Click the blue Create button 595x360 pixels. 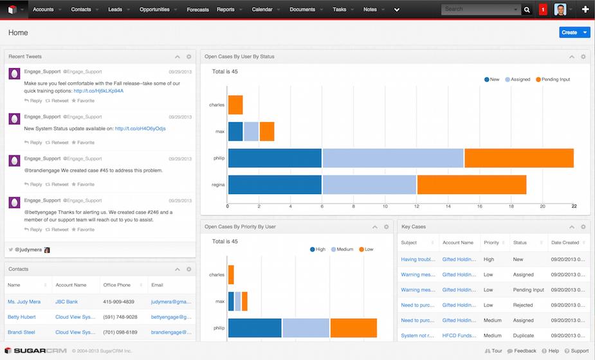coord(569,32)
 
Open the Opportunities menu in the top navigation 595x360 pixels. coord(154,10)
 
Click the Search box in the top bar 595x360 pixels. coord(479,10)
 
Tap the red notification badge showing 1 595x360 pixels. coord(543,10)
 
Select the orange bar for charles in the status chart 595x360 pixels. coord(235,105)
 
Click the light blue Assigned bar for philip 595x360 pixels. coord(392,158)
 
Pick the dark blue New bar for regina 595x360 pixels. coord(275,184)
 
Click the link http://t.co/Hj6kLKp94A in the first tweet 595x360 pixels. coord(98,91)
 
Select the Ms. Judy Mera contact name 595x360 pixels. coord(24,301)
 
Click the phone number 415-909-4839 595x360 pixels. coord(119,301)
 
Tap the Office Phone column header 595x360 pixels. coord(116,285)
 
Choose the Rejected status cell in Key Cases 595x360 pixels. coord(524,305)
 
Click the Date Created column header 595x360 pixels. coord(565,243)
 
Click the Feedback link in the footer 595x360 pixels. coord(525,351)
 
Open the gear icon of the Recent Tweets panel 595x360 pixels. coord(188,57)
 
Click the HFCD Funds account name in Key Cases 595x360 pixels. coord(458,336)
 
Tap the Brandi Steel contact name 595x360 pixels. coord(21,332)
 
